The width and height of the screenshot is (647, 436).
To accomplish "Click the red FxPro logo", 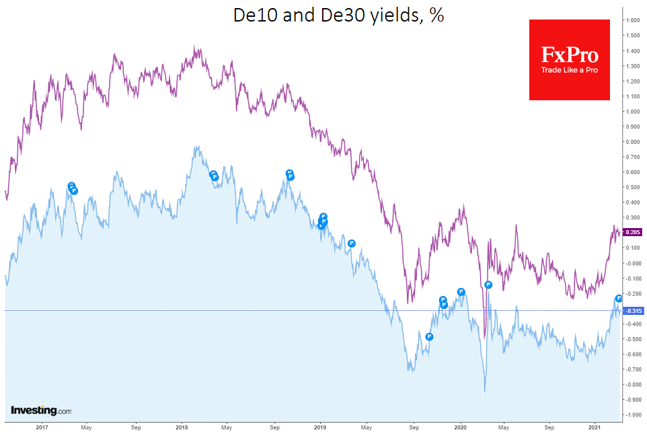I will pos(569,59).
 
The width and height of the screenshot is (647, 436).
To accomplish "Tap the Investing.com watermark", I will pos(41,410).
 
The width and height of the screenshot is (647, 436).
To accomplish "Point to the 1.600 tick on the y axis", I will pos(632,20).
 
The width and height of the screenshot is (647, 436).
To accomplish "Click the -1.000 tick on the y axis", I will pos(632,414).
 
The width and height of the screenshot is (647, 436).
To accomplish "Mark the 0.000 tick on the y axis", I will pos(632,263).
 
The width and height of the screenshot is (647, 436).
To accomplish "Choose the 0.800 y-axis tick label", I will pos(632,142).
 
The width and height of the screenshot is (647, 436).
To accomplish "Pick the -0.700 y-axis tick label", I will pos(632,369).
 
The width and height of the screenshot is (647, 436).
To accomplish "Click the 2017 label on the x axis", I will pos(42,427).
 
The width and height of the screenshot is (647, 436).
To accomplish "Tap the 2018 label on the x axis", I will pos(182,427).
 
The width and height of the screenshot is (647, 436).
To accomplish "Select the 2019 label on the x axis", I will pos(321,427).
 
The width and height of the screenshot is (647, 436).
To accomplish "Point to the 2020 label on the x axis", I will pos(461,427).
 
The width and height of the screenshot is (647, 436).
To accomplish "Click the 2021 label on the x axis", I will pos(595,427).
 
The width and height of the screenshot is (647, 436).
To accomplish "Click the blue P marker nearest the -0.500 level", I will pos(429,336).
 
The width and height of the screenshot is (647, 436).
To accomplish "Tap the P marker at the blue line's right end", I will pos(619,298).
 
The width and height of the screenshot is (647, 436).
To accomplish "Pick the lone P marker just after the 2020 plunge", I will pos(488,285).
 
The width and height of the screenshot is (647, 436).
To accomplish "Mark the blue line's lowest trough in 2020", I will pos(484,392).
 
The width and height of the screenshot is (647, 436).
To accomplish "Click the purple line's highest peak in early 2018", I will pos(194,47).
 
